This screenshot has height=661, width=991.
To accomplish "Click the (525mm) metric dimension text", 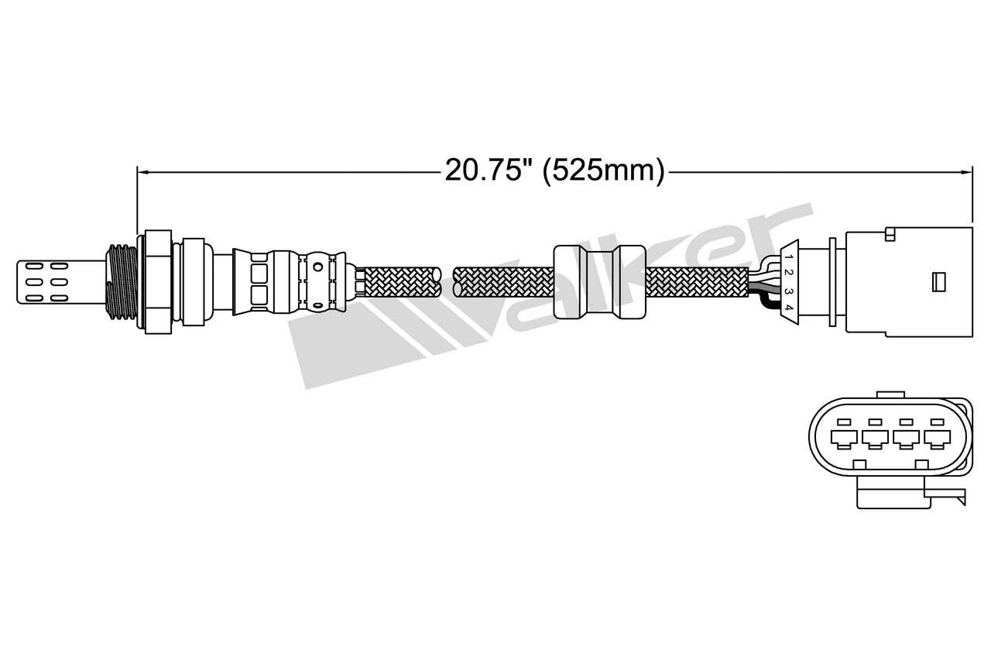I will tap(603, 170).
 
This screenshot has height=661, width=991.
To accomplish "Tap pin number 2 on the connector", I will tap(787, 273).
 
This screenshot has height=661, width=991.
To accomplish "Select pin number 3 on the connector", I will tap(787, 291).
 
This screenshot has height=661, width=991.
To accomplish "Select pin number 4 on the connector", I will tap(787, 308).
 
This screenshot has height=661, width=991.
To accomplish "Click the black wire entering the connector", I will tap(766, 302).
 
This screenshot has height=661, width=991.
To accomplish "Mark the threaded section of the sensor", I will tap(122, 281).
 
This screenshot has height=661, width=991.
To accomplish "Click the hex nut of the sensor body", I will tap(157, 281).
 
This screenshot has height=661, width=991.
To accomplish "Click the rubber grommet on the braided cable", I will tap(600, 281).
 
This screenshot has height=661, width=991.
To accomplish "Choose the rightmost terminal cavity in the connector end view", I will tap(938, 439).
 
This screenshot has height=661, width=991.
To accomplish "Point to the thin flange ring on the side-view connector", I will tap(832, 281).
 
